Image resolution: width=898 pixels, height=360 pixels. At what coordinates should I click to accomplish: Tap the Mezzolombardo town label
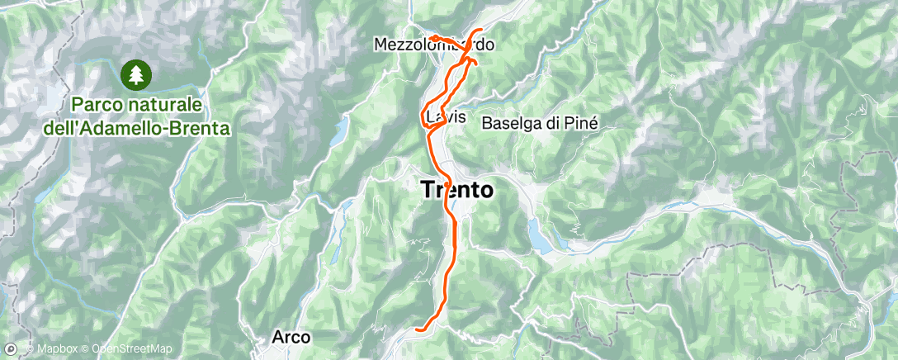(x=434, y=45)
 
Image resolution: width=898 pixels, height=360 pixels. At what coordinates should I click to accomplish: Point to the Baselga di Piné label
(x=538, y=122)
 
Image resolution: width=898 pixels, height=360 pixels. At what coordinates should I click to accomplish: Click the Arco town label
(x=291, y=337)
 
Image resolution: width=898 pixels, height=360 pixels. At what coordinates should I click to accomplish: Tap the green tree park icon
(x=135, y=75)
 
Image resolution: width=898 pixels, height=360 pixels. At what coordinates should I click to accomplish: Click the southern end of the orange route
(x=418, y=329)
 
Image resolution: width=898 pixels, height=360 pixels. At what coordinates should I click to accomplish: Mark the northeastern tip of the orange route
(x=481, y=31)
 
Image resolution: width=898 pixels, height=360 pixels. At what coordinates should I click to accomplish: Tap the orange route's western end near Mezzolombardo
(x=431, y=37)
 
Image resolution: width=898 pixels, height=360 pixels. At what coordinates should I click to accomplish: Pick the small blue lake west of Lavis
(x=341, y=130)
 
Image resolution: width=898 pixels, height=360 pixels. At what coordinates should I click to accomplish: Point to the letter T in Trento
(x=428, y=190)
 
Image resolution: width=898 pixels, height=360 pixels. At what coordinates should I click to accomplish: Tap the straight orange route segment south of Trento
(x=448, y=272)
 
